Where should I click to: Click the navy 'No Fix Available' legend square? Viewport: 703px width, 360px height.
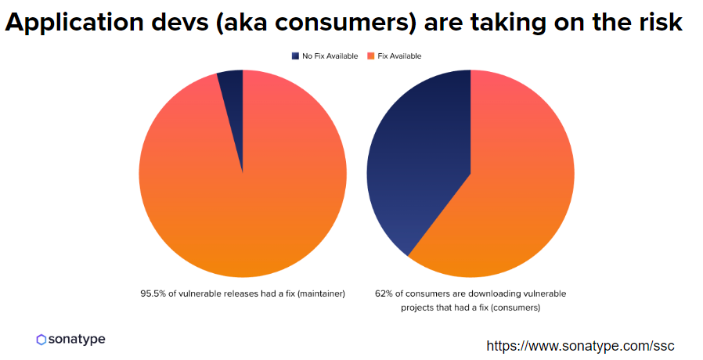[295, 56]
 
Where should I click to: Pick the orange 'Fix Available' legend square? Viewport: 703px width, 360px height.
[370, 56]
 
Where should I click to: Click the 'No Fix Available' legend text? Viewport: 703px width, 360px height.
[330, 56]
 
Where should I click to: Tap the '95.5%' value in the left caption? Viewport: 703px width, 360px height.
[153, 293]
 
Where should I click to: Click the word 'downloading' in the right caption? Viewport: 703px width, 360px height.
[483, 293]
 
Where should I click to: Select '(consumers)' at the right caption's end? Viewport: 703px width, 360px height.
[513, 308]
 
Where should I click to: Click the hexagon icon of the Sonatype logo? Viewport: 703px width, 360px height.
[41, 340]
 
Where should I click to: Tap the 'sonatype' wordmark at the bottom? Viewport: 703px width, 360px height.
[77, 339]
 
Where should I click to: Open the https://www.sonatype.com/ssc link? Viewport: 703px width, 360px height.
[580, 345]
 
